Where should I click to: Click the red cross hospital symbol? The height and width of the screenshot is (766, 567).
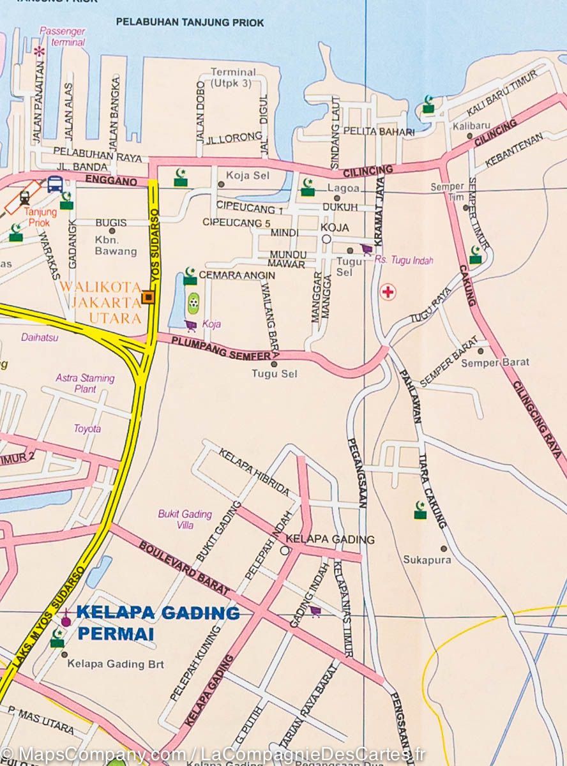(x=388, y=292)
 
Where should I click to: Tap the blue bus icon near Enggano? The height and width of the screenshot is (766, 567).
(x=55, y=184)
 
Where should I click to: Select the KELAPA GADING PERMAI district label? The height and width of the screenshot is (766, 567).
(x=157, y=623)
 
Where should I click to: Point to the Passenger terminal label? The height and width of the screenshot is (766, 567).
(x=61, y=36)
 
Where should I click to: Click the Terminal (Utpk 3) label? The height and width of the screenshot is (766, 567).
(x=233, y=77)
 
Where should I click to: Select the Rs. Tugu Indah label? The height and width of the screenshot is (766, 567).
(x=404, y=260)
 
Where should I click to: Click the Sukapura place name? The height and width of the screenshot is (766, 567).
(x=427, y=560)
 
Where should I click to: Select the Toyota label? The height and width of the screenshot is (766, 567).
(x=87, y=428)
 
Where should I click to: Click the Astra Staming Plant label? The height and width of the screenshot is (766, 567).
(x=85, y=383)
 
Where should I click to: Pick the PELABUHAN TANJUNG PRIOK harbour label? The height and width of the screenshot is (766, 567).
(x=190, y=22)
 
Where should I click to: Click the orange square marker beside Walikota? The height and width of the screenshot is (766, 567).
(x=149, y=297)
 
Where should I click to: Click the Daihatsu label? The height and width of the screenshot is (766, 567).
(x=40, y=337)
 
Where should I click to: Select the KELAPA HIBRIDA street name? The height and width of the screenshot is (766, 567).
(x=253, y=473)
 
